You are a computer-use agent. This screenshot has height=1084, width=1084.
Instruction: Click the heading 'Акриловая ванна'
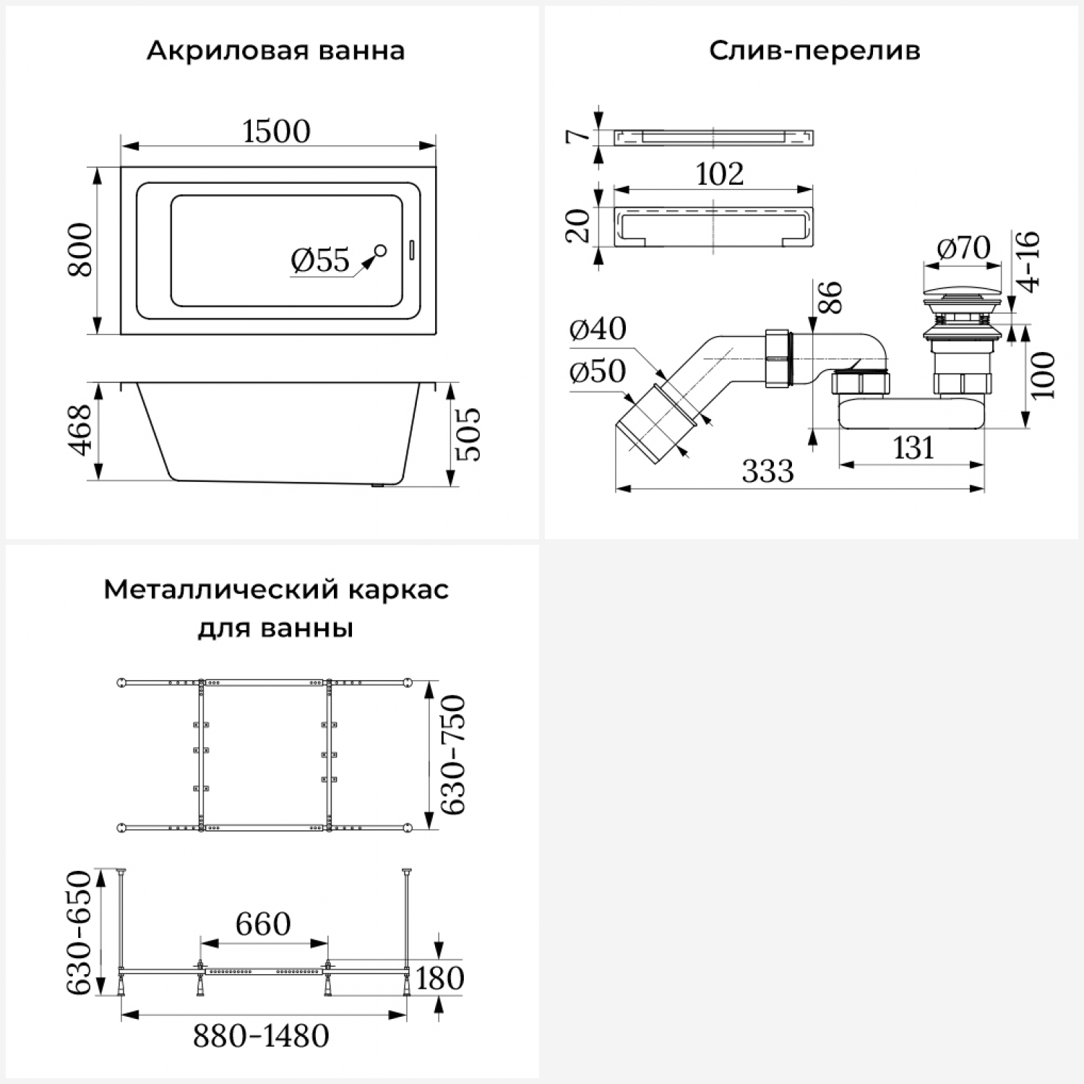point(275,51)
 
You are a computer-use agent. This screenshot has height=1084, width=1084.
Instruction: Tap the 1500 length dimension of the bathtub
point(276,132)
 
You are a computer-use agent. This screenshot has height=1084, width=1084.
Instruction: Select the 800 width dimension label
point(80,250)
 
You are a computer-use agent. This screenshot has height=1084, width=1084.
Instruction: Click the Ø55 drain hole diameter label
point(320,260)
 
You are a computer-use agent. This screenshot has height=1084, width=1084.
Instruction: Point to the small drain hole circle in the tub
point(380,251)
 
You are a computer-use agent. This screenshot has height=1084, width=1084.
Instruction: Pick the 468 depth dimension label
point(80,430)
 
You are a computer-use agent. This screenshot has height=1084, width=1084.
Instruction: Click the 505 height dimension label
point(468,434)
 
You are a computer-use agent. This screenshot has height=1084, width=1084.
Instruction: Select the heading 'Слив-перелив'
point(814,51)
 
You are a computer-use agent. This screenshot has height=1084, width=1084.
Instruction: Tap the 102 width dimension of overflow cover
point(719,174)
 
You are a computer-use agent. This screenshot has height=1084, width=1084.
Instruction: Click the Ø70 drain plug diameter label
point(963,248)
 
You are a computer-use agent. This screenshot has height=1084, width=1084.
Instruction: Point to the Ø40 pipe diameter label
point(598,329)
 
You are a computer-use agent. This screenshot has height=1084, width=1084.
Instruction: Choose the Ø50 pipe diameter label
point(597,371)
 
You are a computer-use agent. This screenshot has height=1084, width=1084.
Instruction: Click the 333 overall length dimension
point(767,471)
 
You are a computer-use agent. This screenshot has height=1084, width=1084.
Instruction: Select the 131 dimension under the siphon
point(913,448)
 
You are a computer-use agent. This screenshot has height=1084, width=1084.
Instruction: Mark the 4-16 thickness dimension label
point(1029,261)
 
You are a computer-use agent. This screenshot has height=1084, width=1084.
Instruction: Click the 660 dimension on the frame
point(263,924)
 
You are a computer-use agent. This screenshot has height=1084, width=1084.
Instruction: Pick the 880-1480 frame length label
point(261,1036)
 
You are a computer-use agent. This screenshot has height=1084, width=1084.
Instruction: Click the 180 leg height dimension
point(439,978)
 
